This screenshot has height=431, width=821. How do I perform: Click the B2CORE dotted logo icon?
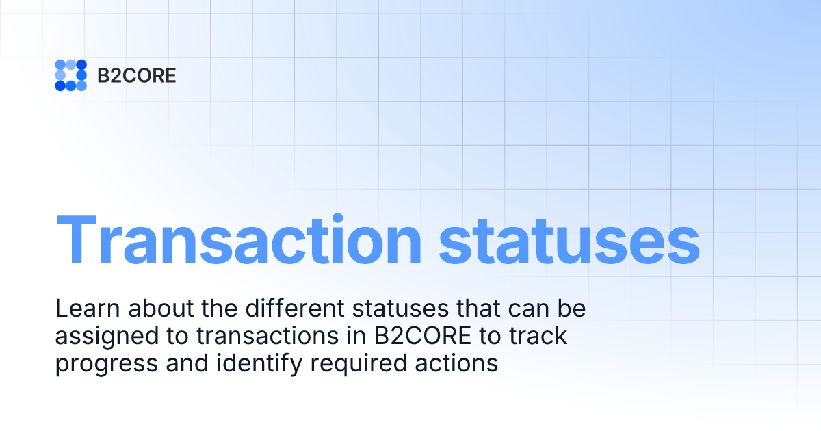tap(70, 75)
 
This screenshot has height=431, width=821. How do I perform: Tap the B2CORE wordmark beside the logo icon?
tap(137, 75)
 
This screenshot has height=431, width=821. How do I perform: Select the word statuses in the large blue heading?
tap(569, 240)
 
